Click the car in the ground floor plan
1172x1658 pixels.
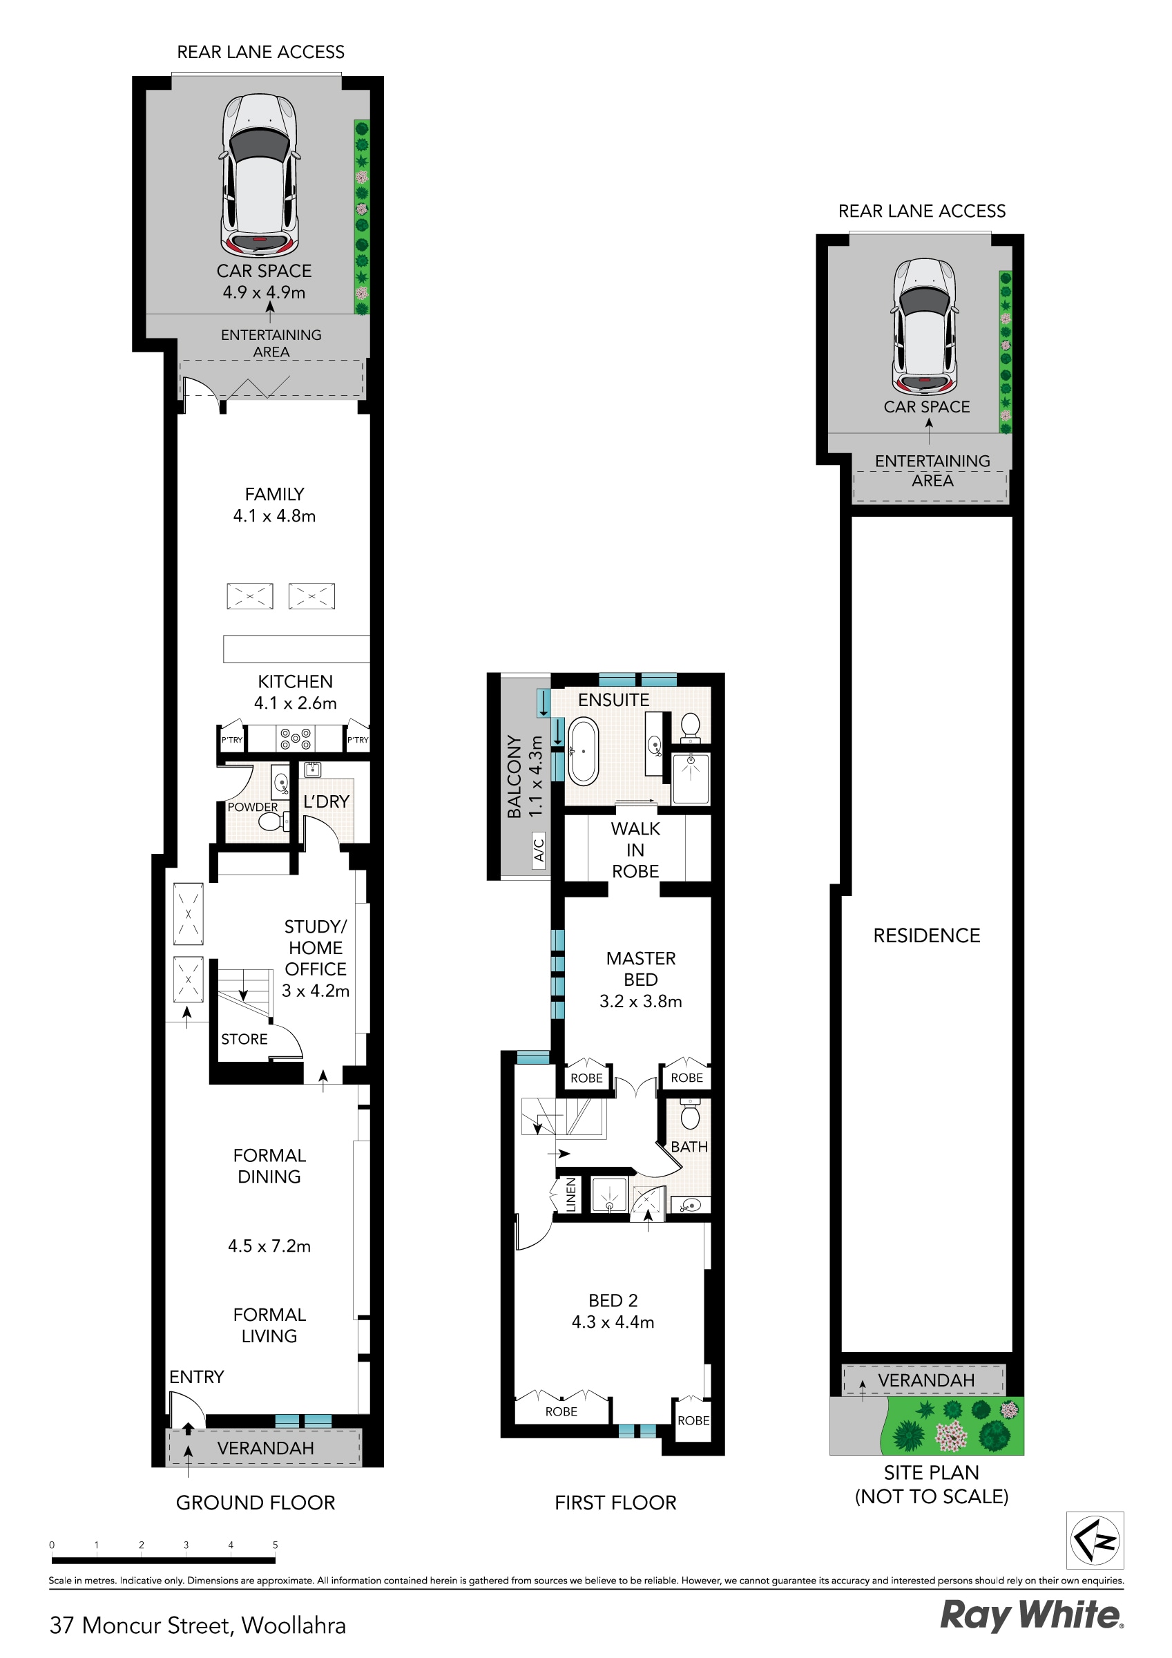coord(259,175)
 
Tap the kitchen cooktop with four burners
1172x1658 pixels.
coord(296,739)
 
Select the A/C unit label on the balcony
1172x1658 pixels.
coord(539,849)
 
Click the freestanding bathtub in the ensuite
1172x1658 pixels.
coord(583,752)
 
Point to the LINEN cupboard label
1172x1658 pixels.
coord(571,1195)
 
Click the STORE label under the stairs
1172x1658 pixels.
coord(244,1039)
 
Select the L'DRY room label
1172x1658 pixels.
coord(327,801)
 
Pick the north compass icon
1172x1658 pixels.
coord(1095,1540)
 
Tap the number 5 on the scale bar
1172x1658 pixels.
coord(275,1545)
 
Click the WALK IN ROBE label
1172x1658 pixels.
coord(635,850)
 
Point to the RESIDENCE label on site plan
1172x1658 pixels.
coord(926,936)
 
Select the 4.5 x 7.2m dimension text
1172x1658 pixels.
coord(269,1246)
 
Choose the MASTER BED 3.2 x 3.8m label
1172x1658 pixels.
coord(640,979)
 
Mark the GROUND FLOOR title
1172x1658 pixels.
coord(256,1503)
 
